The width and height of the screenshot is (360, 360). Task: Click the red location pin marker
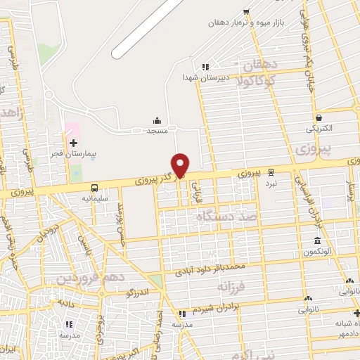(181, 165)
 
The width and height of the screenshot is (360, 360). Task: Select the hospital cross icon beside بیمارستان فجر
(72, 143)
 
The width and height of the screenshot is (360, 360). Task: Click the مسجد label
(156, 131)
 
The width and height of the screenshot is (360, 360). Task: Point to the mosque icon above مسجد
(156, 120)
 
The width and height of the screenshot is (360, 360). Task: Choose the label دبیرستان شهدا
(203, 77)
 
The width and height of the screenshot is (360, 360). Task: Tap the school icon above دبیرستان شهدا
(205, 67)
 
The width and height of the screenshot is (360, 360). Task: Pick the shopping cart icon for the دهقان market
(245, 11)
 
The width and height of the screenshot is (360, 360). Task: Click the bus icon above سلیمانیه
(94, 188)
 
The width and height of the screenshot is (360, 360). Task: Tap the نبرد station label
(271, 183)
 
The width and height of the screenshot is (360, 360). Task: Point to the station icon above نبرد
(271, 172)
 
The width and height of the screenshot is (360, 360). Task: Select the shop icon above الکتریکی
(319, 118)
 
